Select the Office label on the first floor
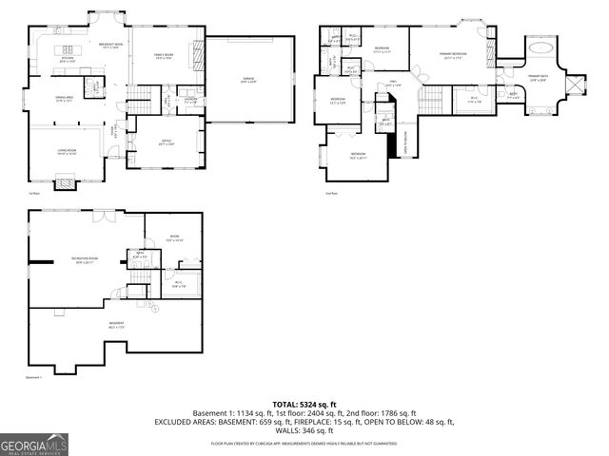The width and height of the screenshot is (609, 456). (166, 142)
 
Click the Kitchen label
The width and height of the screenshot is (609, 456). (68, 60)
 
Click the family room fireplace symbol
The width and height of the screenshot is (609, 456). (198, 56)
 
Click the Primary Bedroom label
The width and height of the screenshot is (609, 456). (452, 56)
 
